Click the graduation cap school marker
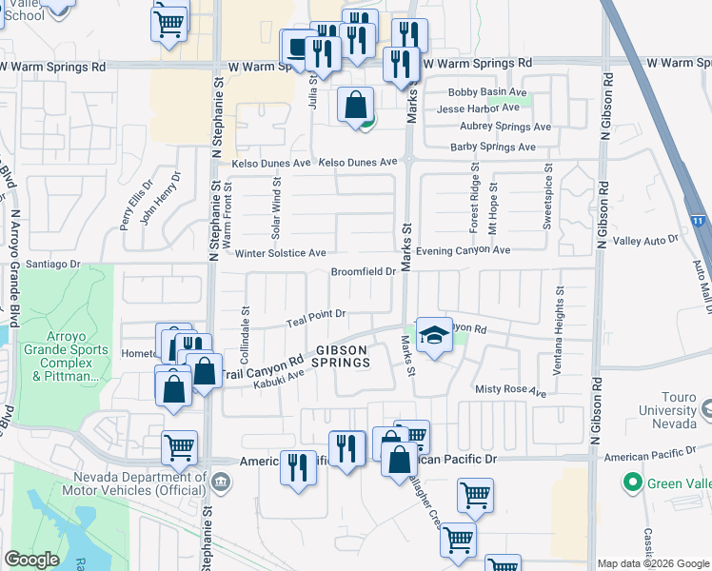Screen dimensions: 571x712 pyautogui.click(x=434, y=335)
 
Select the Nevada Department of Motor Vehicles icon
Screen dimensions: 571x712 pyautogui.click(x=220, y=482)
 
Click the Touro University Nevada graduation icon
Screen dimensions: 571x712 pyautogui.click(x=706, y=408)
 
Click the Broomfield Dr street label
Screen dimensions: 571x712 pyautogui.click(x=363, y=272)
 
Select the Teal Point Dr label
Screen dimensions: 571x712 pyautogui.click(x=315, y=318)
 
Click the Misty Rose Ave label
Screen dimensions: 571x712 pyautogui.click(x=511, y=391)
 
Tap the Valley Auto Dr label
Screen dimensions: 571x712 pyautogui.click(x=645, y=242)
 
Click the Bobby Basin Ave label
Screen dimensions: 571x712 pyautogui.click(x=488, y=92)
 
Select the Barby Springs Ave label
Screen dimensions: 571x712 pyautogui.click(x=493, y=147)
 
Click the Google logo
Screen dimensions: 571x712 pyautogui.click(x=32, y=560)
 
